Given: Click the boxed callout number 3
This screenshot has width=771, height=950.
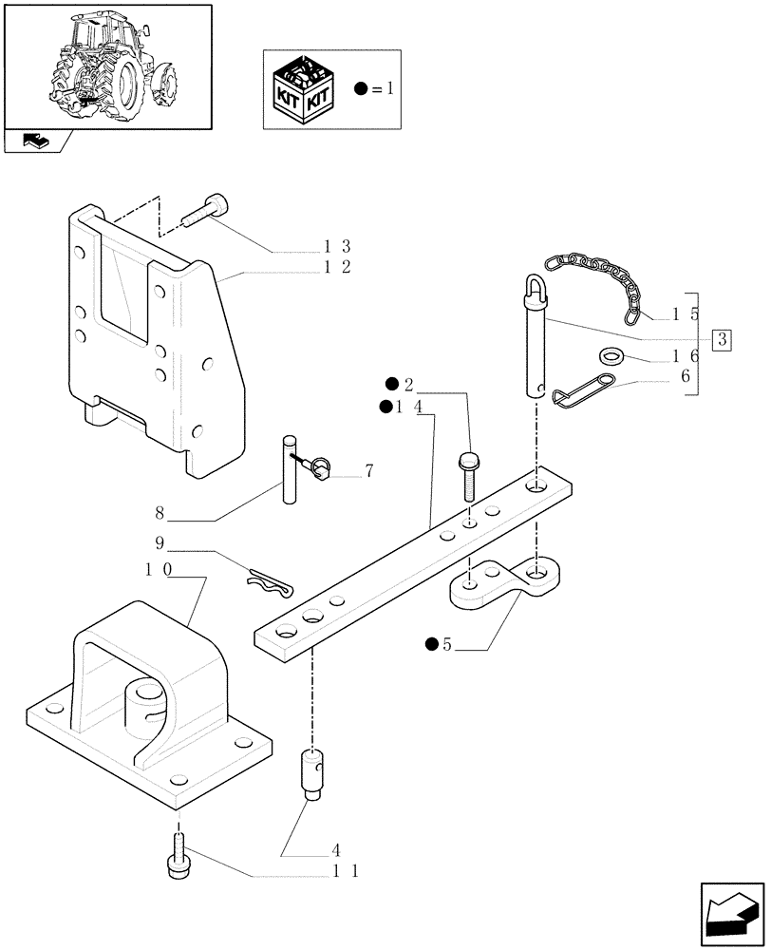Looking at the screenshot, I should tap(723, 339).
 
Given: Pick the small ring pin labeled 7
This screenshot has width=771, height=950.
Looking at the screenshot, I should tap(320, 465).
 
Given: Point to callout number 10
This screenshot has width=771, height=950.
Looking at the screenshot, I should tap(158, 569).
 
